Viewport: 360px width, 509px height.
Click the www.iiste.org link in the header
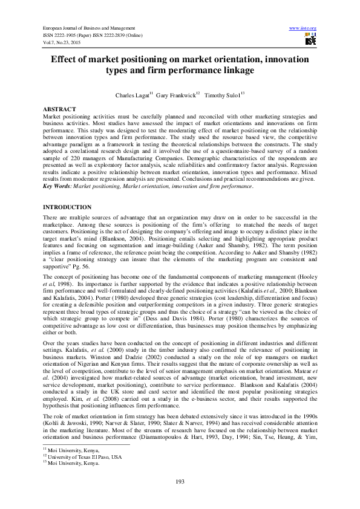pos(303,28)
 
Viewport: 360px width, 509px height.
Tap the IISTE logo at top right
pos(310,40)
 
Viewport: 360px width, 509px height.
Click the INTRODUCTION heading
pos(67,207)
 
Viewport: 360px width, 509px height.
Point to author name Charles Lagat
pos(131,96)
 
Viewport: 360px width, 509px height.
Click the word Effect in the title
pos(67,60)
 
